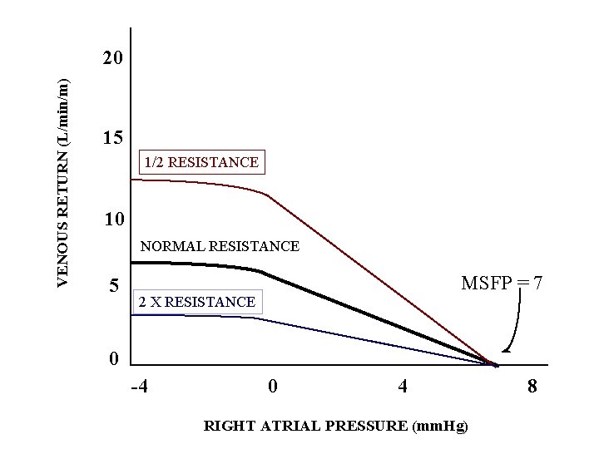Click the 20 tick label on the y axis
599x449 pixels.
[111, 59]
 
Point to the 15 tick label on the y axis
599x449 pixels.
[111, 138]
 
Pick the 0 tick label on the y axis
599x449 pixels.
[114, 359]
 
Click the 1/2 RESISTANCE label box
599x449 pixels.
[200, 162]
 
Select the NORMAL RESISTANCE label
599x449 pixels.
[220, 246]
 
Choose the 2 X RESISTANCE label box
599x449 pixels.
[196, 302]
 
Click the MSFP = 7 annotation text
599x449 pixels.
[502, 284]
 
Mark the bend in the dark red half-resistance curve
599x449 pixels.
[266, 195]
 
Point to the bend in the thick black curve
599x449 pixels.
[261, 271]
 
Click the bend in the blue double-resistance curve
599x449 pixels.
[256, 319]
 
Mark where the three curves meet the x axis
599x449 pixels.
[496, 365]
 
